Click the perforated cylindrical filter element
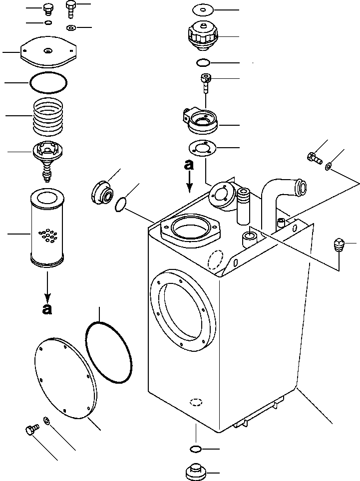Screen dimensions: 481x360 [47, 228]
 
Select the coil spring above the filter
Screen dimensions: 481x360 [49, 116]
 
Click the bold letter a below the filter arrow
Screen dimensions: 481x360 [47, 309]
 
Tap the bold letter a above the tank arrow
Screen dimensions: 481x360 [189, 166]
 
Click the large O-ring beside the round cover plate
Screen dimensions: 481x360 [109, 352]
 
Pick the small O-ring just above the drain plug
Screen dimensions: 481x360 [196, 450]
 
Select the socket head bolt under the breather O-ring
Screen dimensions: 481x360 [205, 82]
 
